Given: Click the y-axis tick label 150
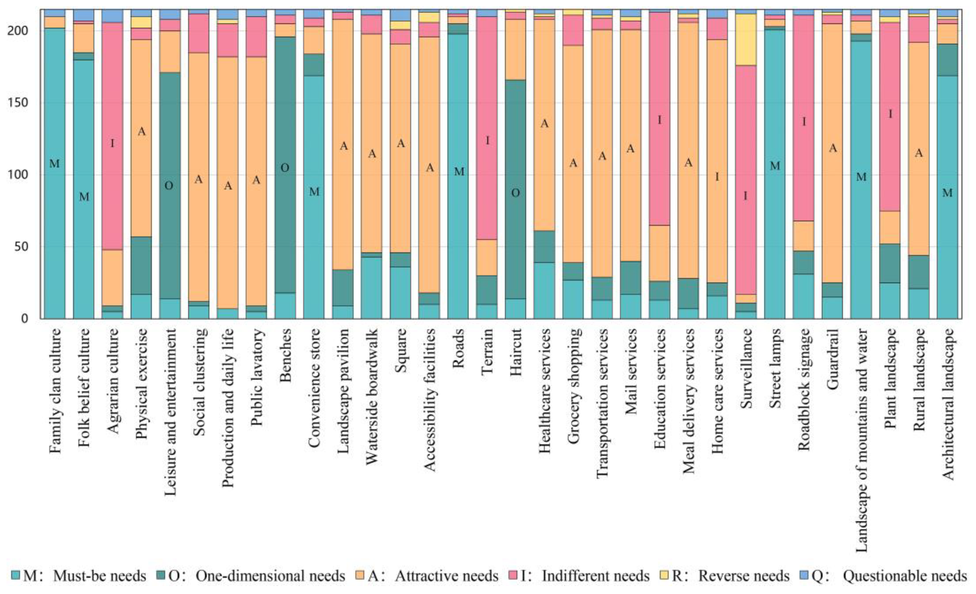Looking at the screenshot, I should click(x=19, y=103).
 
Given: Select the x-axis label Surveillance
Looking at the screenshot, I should click(x=746, y=369).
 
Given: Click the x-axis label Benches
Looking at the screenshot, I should click(x=285, y=355).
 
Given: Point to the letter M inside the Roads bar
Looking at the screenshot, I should click(x=459, y=172).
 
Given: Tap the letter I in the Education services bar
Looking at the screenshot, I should click(x=659, y=120).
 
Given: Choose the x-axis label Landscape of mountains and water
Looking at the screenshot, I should click(x=862, y=440).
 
